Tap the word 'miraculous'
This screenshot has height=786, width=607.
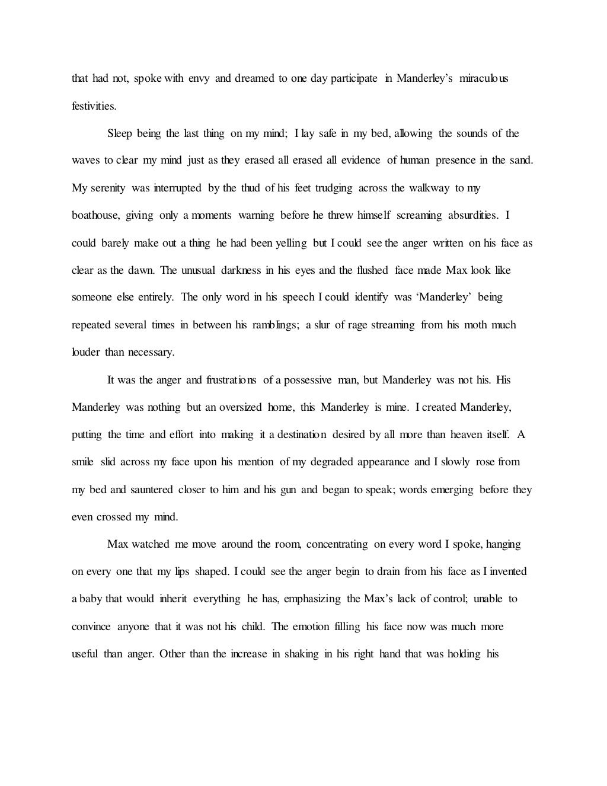484,78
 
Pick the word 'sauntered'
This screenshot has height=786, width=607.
151,490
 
